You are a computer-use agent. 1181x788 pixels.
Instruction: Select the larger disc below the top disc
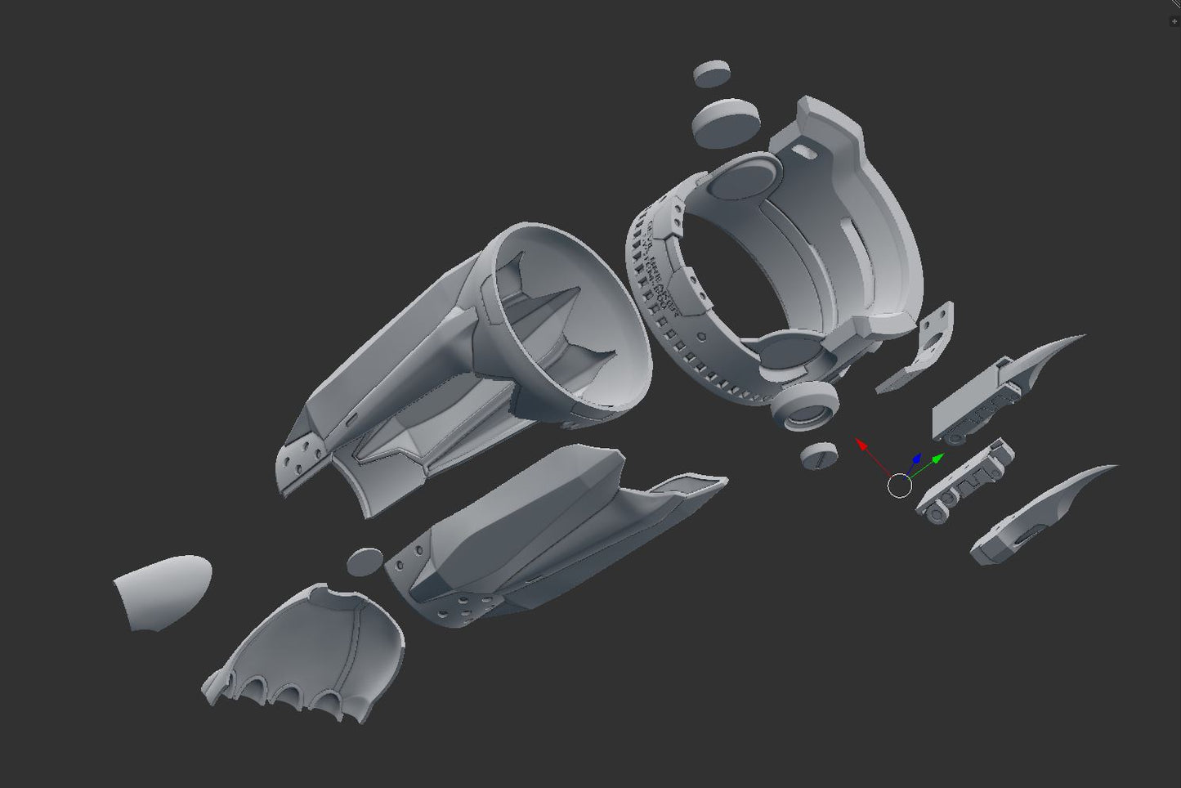pyautogui.click(x=723, y=122)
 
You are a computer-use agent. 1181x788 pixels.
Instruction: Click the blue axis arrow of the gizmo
pyautogui.click(x=916, y=460)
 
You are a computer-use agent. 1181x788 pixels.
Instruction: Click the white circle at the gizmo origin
pyautogui.click(x=899, y=486)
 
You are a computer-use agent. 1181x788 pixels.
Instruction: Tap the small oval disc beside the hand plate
pyautogui.click(x=365, y=561)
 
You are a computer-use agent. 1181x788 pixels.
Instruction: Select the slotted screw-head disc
pyautogui.click(x=819, y=455)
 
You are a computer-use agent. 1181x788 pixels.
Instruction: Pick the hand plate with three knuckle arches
pyautogui.click(x=311, y=646)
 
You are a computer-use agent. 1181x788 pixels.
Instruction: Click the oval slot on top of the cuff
pyautogui.click(x=804, y=152)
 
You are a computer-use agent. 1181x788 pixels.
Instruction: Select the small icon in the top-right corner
pyautogui.click(x=1174, y=21)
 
